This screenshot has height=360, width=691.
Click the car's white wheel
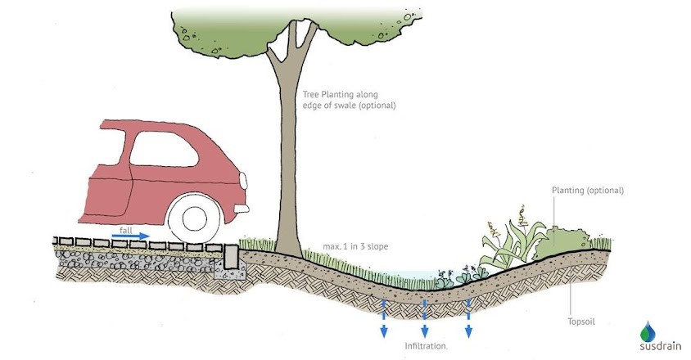(x=194, y=218)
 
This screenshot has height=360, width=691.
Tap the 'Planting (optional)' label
(x=587, y=190)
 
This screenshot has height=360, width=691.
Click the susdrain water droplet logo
(x=648, y=329)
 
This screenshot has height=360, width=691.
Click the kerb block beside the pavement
(x=229, y=258)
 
